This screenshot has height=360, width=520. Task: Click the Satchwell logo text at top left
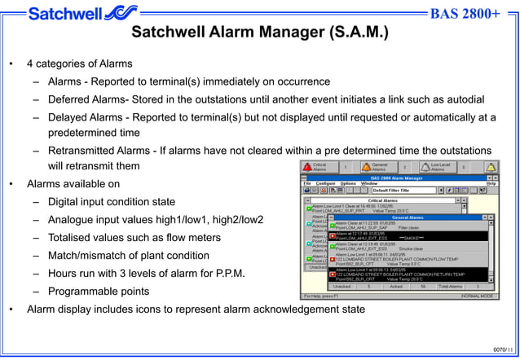65,14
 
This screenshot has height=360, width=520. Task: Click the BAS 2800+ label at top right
465,14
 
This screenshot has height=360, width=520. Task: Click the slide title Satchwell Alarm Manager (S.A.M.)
260,34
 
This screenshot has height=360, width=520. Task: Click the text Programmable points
99,291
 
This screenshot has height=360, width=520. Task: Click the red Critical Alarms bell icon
307,167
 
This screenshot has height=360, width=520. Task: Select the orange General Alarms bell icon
364,167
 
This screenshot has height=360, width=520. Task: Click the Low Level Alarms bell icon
425,167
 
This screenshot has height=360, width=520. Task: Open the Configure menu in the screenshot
325,183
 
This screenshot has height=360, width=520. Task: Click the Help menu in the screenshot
491,183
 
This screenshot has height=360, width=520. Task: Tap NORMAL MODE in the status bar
476,296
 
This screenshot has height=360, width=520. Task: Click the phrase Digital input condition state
111,202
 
